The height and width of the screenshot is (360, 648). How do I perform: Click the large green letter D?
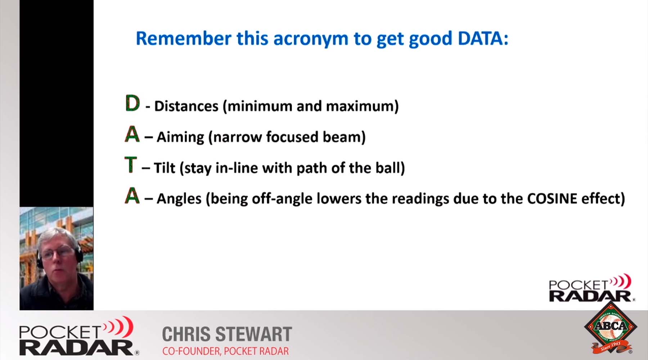coord(132,104)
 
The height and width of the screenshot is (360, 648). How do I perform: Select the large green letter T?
coord(131,165)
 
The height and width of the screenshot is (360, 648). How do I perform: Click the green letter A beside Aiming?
coord(132,135)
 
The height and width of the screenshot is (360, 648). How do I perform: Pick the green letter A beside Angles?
coord(132,196)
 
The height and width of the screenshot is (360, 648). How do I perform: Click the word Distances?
coord(186,106)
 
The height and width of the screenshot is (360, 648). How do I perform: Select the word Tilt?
coord(164,168)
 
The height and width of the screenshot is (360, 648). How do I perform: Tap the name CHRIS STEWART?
coord(227,334)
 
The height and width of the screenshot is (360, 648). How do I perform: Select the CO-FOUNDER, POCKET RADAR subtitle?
coord(225,351)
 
